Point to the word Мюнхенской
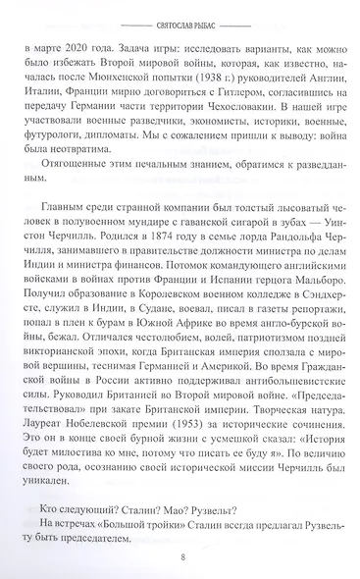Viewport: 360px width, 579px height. coord(138,79)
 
